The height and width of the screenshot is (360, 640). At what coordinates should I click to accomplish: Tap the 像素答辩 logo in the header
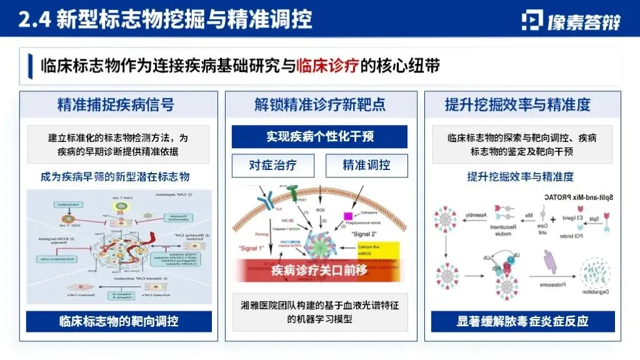click(x=571, y=20)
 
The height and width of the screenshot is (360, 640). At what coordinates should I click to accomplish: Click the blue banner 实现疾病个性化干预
click(x=319, y=136)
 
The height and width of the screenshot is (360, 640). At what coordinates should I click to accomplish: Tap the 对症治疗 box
click(x=272, y=166)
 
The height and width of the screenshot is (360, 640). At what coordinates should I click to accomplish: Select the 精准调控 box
click(x=366, y=166)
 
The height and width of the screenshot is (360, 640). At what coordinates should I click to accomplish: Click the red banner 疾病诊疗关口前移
click(x=319, y=271)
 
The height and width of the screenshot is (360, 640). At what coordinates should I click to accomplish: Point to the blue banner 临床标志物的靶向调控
click(x=119, y=321)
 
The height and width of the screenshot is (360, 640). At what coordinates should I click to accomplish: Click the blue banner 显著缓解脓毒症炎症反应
click(x=522, y=321)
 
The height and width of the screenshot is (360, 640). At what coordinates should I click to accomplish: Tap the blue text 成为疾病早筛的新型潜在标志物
click(x=119, y=177)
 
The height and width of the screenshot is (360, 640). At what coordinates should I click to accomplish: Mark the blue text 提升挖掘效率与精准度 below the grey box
click(x=521, y=177)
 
